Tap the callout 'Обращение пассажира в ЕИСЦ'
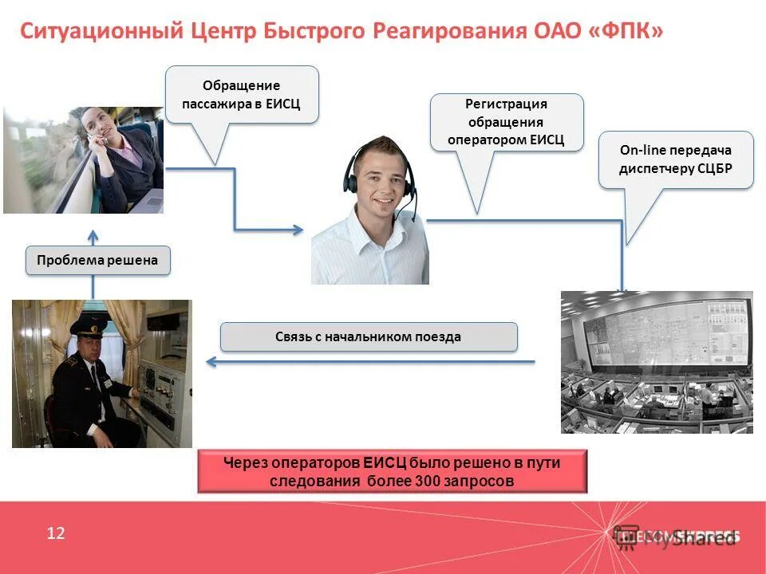click(242, 94)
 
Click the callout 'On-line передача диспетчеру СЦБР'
click(675, 159)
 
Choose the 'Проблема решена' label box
click(97, 260)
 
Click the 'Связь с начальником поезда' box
click(369, 336)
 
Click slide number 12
click(56, 533)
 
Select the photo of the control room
click(656, 362)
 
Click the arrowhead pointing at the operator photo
click(298, 230)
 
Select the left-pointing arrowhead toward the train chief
click(211, 362)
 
